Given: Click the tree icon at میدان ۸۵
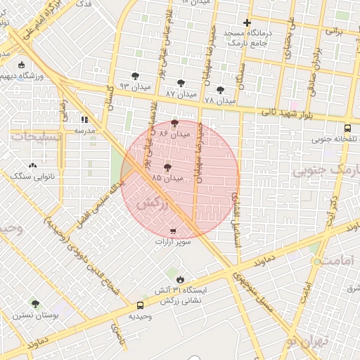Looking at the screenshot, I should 167,167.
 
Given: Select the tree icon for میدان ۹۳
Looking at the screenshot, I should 135,76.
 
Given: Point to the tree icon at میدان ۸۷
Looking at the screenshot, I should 181,83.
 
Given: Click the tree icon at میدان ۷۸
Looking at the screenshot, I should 220,90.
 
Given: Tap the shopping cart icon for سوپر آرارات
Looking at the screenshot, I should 173,231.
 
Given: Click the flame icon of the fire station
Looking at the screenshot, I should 182,280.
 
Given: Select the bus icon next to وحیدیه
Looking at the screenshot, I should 140,306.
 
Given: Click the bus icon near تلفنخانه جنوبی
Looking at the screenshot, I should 348,129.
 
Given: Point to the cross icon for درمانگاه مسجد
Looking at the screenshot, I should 247,23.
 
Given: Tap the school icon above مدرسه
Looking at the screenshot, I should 85,120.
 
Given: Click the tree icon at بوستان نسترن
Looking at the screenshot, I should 35,304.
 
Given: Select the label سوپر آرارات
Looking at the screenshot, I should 173,241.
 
